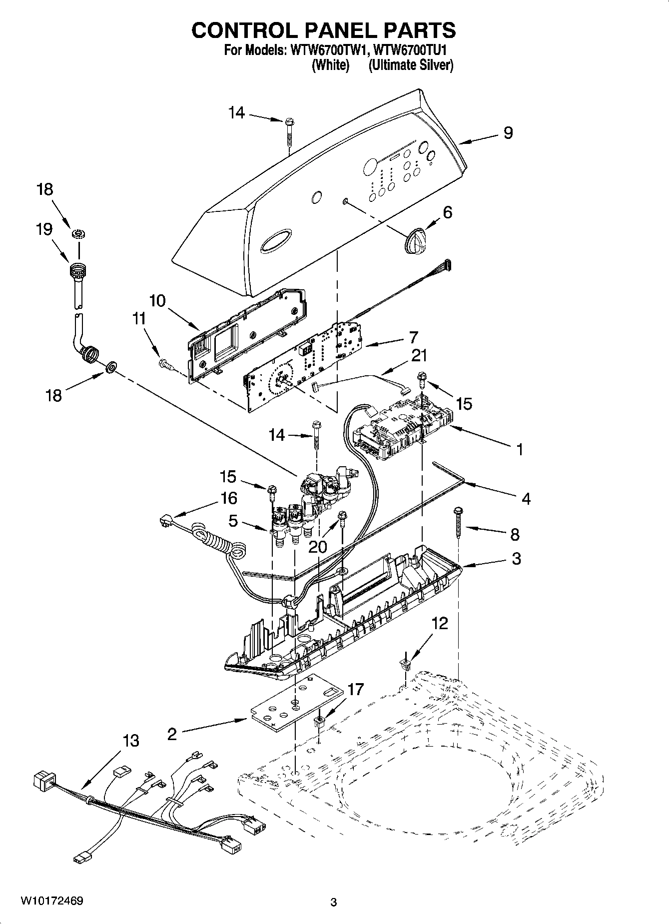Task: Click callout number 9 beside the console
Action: click(508, 133)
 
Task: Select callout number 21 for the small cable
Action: click(419, 355)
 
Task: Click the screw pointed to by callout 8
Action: click(458, 523)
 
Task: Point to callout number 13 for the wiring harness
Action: click(130, 741)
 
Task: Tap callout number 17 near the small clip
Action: click(355, 690)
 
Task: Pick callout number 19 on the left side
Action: click(44, 229)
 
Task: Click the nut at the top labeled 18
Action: click(77, 233)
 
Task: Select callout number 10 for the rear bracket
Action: click(157, 301)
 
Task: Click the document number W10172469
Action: click(51, 901)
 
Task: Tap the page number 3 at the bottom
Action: click(334, 903)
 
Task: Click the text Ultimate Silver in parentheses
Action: click(411, 65)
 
